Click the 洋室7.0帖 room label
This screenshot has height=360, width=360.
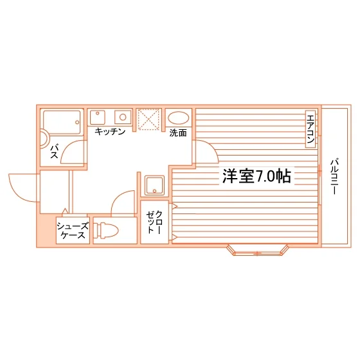256,176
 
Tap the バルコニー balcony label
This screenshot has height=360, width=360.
335,176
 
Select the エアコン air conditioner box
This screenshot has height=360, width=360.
310,129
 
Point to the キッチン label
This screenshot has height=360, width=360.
110,132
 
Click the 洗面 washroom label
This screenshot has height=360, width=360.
178,133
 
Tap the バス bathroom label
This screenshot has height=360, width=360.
55,151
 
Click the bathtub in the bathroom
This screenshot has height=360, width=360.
62,123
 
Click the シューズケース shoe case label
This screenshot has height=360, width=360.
73,231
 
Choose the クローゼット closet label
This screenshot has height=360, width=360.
154,222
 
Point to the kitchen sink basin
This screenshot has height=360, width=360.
98,117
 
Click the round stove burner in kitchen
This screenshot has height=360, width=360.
123,117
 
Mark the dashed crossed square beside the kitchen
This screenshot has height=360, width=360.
148,120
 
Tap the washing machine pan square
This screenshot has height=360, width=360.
154,186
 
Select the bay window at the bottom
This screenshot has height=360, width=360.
257,250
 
